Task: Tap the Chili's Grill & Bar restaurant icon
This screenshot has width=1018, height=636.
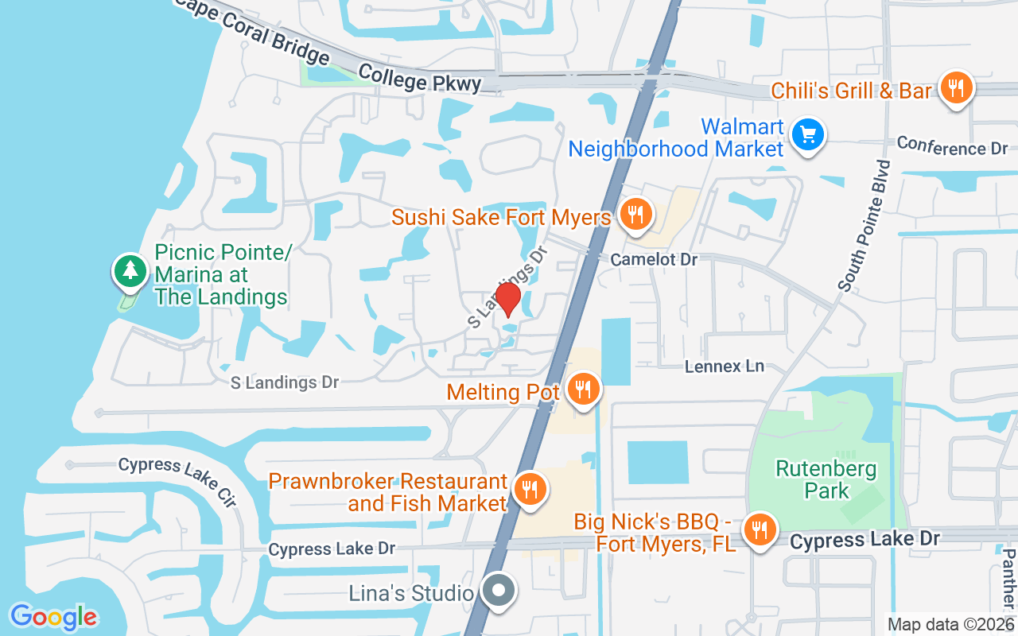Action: tap(957, 88)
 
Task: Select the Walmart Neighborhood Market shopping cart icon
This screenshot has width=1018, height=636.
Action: tap(809, 136)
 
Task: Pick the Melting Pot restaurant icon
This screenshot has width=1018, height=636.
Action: tap(585, 389)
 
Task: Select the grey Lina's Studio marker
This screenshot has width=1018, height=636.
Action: tap(499, 591)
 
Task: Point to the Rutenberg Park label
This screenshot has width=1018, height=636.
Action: tap(826, 479)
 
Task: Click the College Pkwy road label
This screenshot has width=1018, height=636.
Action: tap(420, 78)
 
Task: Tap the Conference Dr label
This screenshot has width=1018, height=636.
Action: tap(952, 146)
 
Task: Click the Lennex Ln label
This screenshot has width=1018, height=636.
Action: tap(724, 366)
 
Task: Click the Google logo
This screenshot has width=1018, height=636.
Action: tap(53, 617)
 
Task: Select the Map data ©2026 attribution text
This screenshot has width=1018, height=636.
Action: tap(950, 625)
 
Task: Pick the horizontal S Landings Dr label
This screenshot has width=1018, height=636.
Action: tap(285, 382)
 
